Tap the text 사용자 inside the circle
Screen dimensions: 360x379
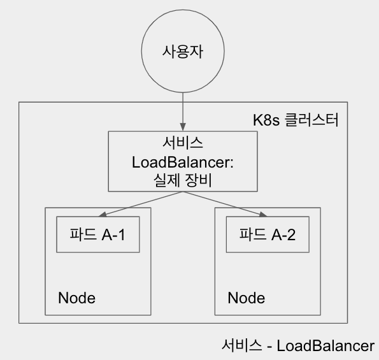183,52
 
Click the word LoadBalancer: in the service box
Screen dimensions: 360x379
183,162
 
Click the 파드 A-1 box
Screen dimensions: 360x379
98,234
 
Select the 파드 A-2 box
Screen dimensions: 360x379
268,234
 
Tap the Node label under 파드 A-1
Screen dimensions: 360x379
76,298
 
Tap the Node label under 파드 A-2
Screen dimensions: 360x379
247,298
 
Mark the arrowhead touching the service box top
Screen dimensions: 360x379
183,127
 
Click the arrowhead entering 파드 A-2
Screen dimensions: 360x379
264,215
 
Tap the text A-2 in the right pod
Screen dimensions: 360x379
283,234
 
